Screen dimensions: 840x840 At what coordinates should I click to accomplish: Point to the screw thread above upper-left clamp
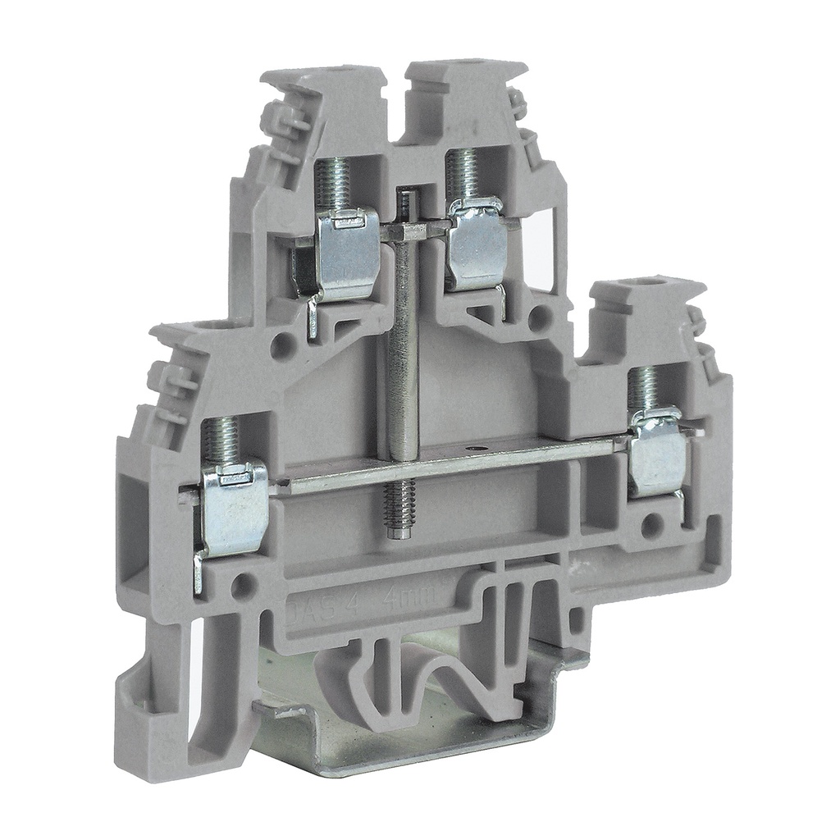tap(334, 184)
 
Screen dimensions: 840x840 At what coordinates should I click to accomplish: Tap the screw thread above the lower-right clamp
tap(644, 390)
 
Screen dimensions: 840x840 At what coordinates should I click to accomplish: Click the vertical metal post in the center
tap(404, 328)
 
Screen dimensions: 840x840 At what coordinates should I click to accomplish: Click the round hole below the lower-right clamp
tap(652, 525)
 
